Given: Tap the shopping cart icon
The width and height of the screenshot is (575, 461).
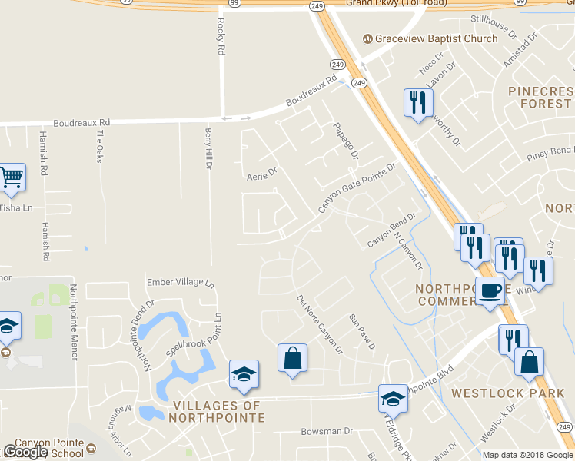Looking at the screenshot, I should click(11, 178).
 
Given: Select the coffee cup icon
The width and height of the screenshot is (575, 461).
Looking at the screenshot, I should click(490, 292).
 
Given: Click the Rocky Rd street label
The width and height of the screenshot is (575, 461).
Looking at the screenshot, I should click(221, 36).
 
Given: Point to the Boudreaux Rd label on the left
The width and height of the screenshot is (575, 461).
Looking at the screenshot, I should click(81, 122).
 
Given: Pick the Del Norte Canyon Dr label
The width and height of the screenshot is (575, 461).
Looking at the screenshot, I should click(319, 323).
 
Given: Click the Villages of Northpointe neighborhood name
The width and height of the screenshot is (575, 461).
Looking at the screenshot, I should click(219, 411).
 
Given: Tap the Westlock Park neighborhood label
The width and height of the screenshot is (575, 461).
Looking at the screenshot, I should click(508, 393).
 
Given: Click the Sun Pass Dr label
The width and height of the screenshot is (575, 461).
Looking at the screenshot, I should click(361, 332).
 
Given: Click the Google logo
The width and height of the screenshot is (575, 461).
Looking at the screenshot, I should click(25, 452).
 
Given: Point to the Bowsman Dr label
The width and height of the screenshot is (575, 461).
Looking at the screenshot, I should click(326, 432).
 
